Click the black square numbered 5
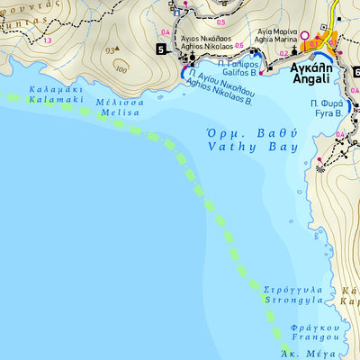point(161,49)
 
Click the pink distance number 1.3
point(47,41)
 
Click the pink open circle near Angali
point(303,37)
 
